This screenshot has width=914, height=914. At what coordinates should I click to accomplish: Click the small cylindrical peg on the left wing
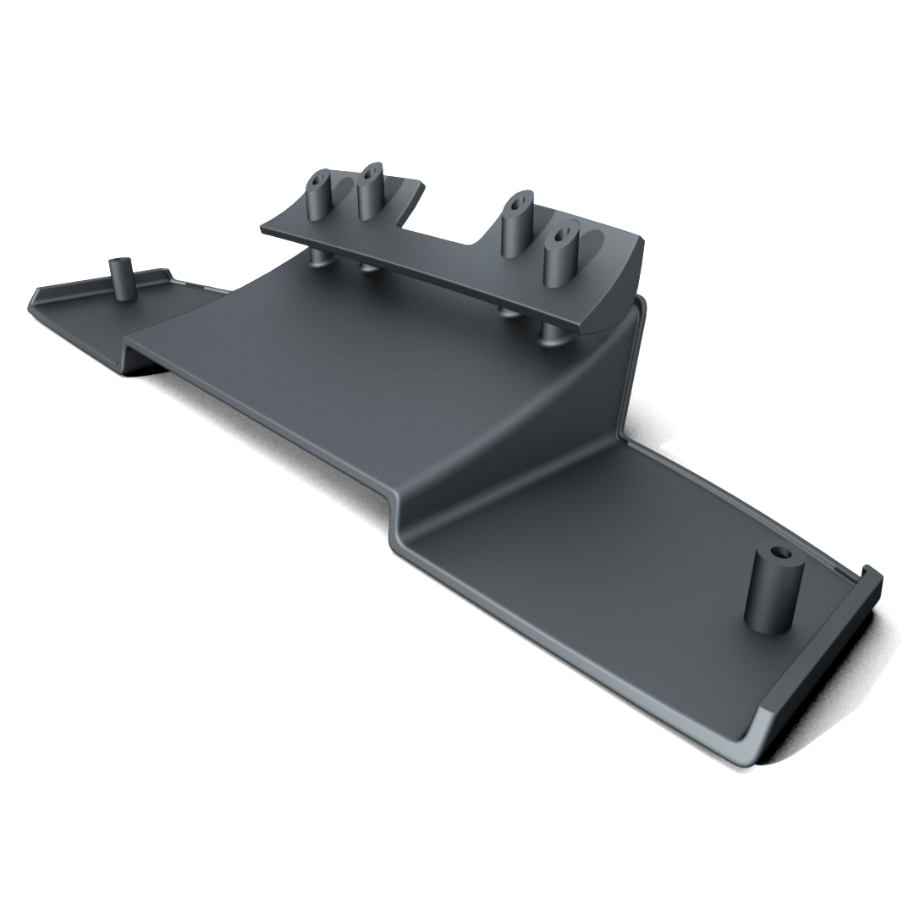pos(124,280)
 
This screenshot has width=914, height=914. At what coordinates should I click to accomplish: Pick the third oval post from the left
pos(515,225)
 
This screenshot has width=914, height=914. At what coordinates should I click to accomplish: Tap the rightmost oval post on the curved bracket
pos(560,255)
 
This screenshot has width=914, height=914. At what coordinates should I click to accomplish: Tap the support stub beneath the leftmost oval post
pos(318,257)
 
